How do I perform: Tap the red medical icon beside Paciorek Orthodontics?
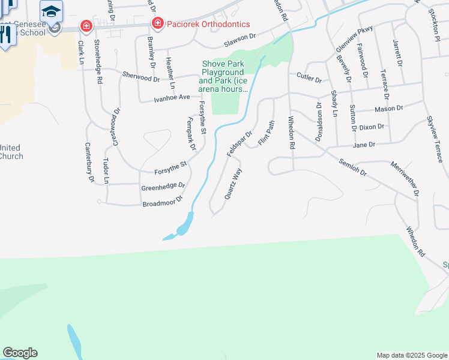(x=157, y=23)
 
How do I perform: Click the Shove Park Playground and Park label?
(x=224, y=76)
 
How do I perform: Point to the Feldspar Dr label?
(x=239, y=144)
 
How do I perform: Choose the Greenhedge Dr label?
(x=163, y=187)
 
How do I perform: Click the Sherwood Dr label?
(x=141, y=77)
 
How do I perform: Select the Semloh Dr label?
(x=352, y=170)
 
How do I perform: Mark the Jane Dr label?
(x=364, y=145)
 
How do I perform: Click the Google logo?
(x=20, y=353)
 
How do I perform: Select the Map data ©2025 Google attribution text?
(x=411, y=355)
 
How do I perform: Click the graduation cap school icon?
(x=52, y=11)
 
